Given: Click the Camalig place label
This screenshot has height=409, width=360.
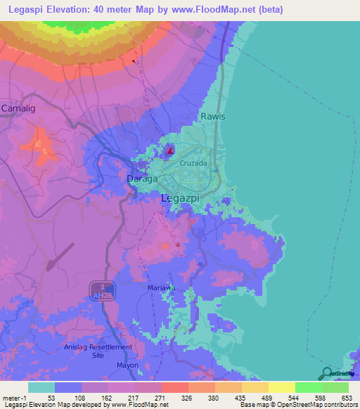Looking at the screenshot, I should (x=17, y=108).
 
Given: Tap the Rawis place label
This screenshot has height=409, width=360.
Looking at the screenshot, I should (x=213, y=116).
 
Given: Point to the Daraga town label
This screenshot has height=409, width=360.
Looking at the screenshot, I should (x=142, y=179).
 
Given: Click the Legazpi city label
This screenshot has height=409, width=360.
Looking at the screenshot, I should (x=181, y=199).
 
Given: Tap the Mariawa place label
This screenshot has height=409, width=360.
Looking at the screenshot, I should (x=161, y=288).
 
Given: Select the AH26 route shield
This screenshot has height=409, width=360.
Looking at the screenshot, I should (x=103, y=292).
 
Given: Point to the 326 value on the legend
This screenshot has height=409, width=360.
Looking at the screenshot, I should (x=187, y=398).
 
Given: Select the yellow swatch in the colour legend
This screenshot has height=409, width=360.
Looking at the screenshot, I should (x=281, y=387).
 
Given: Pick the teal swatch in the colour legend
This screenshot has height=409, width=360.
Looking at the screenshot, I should (x=41, y=387).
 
